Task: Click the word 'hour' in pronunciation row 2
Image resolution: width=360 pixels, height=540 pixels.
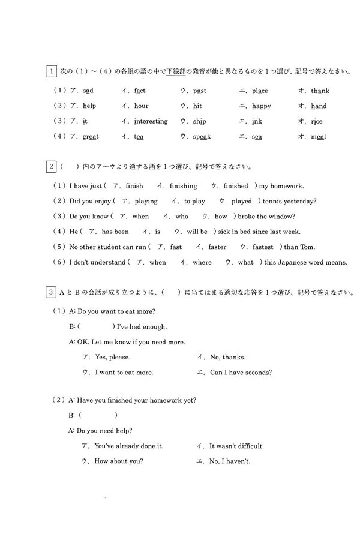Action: point(141,106)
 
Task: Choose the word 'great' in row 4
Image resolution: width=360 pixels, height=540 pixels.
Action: point(91,136)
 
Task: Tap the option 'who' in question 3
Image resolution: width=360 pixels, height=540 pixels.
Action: point(181,216)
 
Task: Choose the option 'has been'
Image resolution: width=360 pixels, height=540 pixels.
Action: point(115,232)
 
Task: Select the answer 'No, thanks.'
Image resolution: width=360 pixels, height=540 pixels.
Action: point(227,357)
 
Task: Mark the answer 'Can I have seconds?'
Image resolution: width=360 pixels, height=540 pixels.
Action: point(241,372)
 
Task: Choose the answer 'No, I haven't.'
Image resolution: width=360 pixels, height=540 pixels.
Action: point(230,461)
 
